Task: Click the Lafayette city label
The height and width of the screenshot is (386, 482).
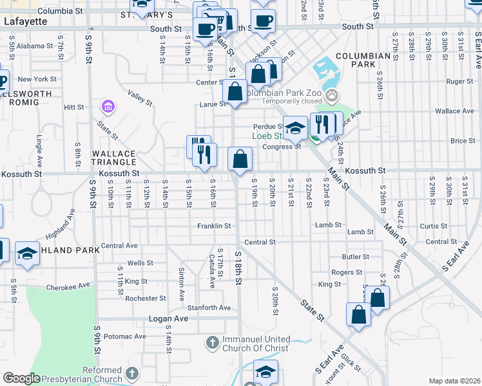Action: coord(26,21)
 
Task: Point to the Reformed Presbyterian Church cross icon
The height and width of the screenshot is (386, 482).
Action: coord(131,373)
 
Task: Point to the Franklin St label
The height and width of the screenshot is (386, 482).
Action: coord(214,226)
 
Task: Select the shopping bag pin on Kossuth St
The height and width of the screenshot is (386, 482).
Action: coord(240,159)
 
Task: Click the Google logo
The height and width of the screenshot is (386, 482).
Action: coord(21,378)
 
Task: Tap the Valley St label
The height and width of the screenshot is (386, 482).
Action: coord(140,98)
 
